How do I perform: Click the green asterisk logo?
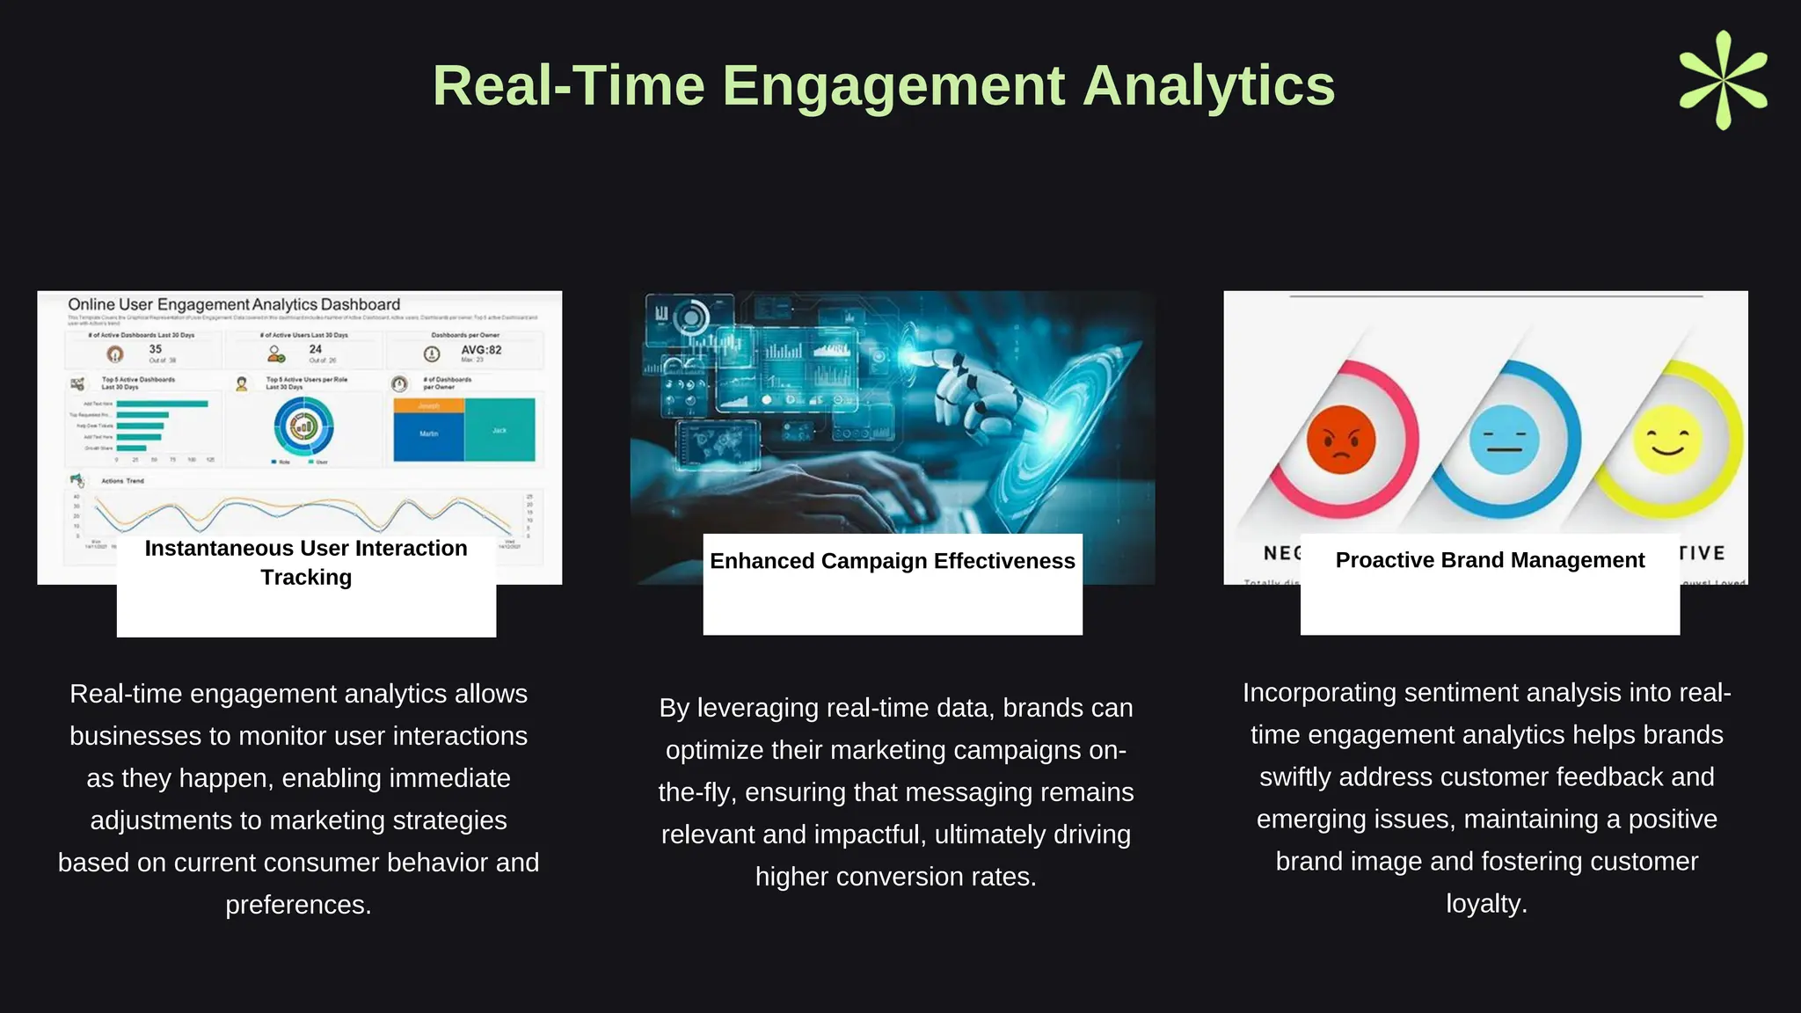click(x=1723, y=80)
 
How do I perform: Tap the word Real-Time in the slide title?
click(x=568, y=86)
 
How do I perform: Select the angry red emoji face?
click(x=1340, y=439)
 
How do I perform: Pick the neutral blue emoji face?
click(x=1505, y=439)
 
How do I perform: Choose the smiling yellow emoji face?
click(x=1666, y=439)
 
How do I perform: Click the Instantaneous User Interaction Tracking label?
click(x=306, y=563)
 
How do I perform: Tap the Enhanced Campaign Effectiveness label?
click(x=892, y=561)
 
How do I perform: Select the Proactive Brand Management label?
click(x=1490, y=560)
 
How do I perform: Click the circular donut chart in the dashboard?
click(x=303, y=426)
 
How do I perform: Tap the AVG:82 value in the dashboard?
click(x=481, y=350)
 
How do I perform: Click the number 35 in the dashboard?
click(x=156, y=349)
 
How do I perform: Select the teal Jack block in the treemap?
click(x=499, y=430)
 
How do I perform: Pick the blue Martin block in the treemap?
click(x=428, y=434)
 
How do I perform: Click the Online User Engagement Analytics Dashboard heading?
click(x=234, y=304)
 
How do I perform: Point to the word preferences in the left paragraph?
click(x=297, y=905)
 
